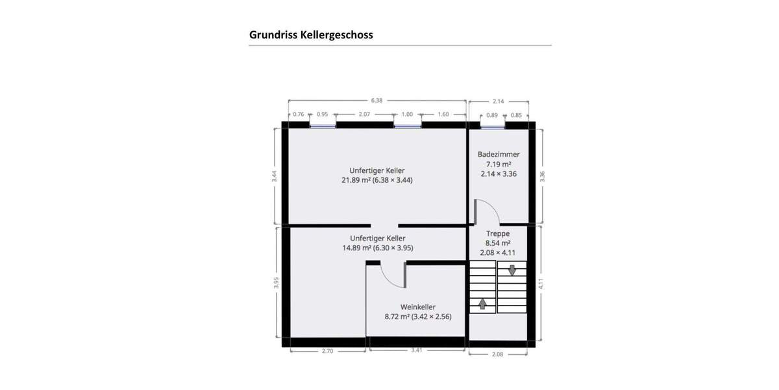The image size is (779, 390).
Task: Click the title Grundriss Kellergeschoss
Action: click(311, 35)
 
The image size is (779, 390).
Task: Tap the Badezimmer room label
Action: click(499, 154)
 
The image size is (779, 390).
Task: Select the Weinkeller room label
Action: click(417, 307)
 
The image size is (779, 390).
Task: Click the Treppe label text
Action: click(498, 233)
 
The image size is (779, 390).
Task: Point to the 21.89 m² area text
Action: click(356, 180)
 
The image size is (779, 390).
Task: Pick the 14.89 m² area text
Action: click(356, 248)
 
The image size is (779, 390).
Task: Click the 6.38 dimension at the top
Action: click(377, 101)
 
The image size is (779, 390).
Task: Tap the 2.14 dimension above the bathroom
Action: click(498, 101)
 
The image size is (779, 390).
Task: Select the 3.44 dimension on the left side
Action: click(275, 175)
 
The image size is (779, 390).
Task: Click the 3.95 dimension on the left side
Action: click(276, 283)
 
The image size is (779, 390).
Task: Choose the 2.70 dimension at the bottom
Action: click(328, 351)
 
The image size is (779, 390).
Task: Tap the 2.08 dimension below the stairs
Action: click(498, 354)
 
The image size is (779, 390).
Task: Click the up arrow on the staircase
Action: click(482, 303)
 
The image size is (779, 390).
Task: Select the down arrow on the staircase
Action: click(512, 269)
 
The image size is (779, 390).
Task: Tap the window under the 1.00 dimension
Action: click(407, 125)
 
